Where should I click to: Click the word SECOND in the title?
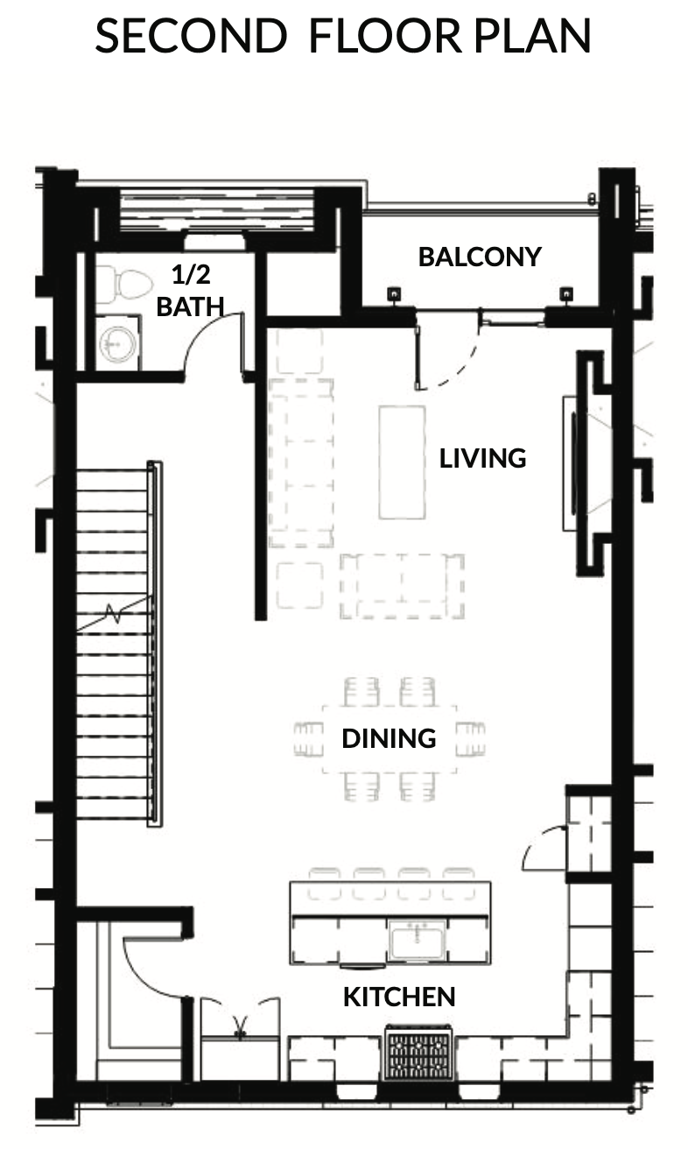click(191, 36)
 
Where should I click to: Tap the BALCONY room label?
click(480, 257)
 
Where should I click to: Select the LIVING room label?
click(483, 458)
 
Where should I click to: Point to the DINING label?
click(390, 738)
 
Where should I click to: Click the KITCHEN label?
click(399, 997)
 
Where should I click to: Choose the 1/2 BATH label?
click(191, 291)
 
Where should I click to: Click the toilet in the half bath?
click(124, 283)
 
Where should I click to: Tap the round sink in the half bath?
click(118, 342)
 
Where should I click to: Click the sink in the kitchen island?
click(417, 938)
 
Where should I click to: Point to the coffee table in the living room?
click(402, 462)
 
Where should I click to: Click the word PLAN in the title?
click(532, 36)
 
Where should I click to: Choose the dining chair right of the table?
click(471, 738)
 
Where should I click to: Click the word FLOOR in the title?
click(385, 36)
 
